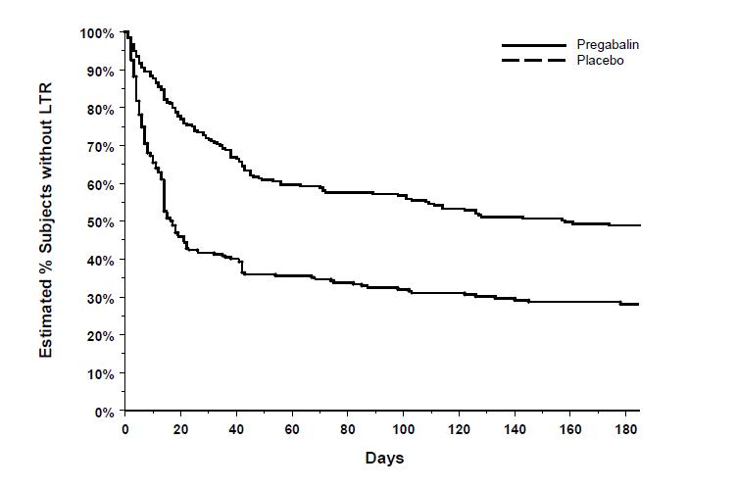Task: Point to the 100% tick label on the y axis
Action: (x=98, y=33)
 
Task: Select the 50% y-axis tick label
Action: (x=101, y=222)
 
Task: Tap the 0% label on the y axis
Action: (x=105, y=412)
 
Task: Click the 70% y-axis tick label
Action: (x=101, y=147)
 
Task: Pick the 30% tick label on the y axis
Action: (x=101, y=298)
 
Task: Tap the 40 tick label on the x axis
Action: (x=236, y=430)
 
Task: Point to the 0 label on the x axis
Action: (x=124, y=430)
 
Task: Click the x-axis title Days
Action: (x=383, y=458)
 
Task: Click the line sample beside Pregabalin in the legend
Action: (x=534, y=45)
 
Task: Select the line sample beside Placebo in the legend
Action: (x=534, y=61)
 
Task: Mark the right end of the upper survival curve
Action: (x=639, y=225)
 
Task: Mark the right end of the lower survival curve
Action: (x=639, y=305)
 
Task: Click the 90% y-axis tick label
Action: (x=101, y=72)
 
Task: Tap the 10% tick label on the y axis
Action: (x=101, y=373)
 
